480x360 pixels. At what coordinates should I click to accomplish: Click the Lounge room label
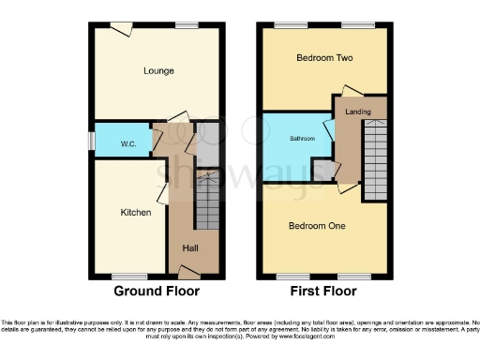[158, 70]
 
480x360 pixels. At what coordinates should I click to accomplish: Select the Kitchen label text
[136, 213]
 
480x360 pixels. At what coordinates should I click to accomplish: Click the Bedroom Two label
[323, 57]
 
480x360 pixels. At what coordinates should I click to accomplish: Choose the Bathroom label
[302, 139]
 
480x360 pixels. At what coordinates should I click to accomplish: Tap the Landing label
[357, 112]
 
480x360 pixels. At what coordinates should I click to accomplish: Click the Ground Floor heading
[157, 292]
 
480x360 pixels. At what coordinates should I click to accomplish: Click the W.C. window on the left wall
[91, 140]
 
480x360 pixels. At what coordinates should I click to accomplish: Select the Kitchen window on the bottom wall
[125, 276]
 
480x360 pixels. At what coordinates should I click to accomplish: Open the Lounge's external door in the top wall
[119, 28]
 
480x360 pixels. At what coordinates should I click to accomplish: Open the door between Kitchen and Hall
[163, 193]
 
